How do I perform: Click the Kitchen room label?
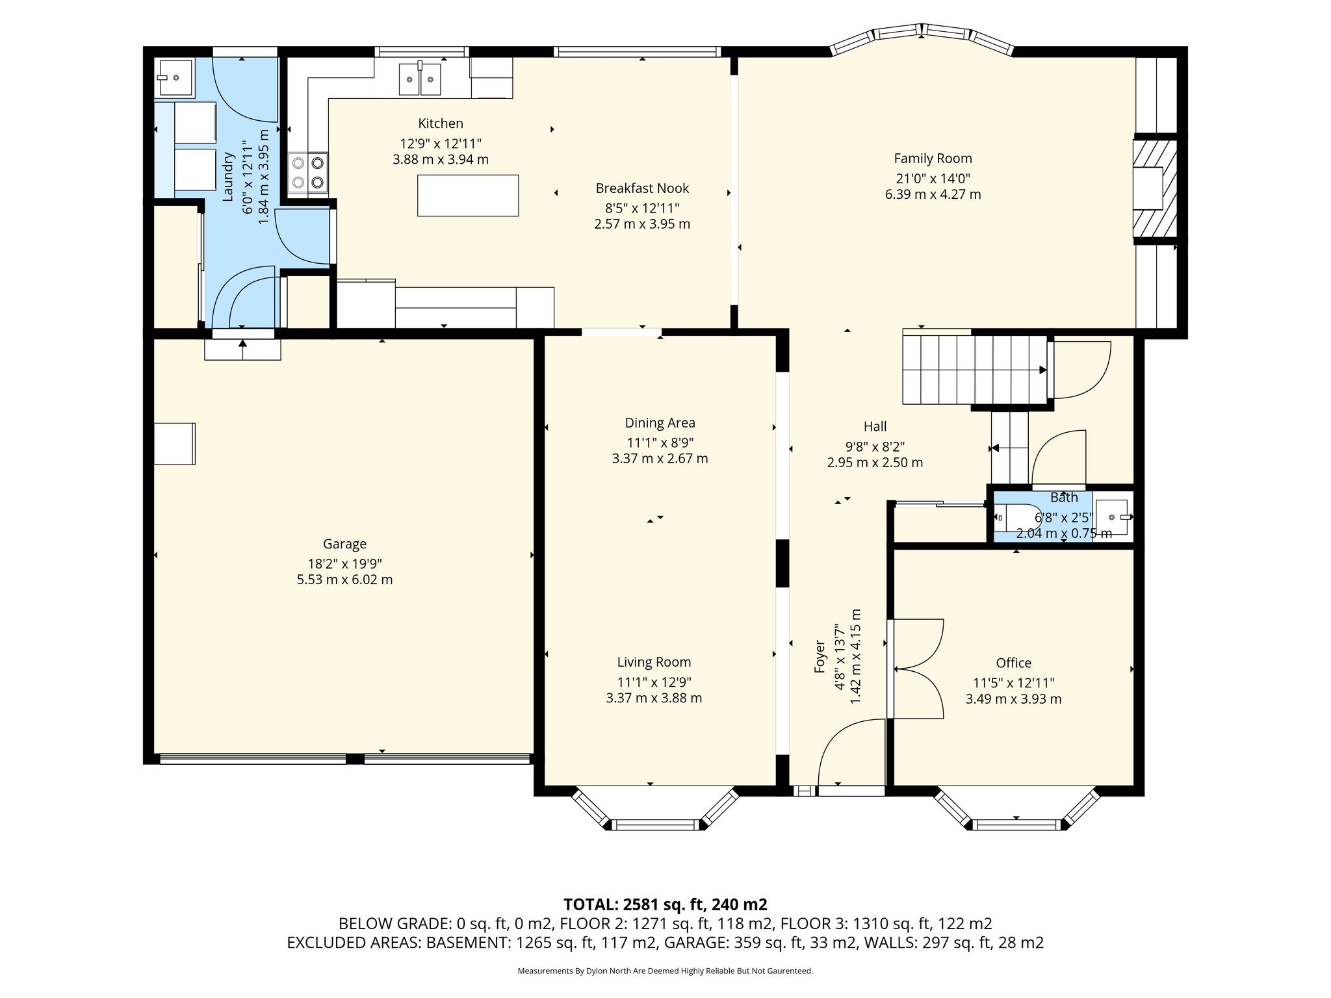pos(441,123)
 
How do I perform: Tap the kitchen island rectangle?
pos(468,195)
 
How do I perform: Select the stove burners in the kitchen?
pos(309,172)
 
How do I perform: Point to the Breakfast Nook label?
pos(642,188)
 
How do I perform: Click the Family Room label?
pos(933,159)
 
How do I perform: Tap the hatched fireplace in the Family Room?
pos(1156,188)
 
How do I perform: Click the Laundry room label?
pos(228,176)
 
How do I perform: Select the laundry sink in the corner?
pos(174,78)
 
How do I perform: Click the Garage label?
pos(344,544)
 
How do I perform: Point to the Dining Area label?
pos(660,423)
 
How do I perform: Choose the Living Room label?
pos(654,662)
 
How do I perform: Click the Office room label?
pos(1013,663)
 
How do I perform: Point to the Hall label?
pos(875,427)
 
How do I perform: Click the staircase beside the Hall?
pos(974,369)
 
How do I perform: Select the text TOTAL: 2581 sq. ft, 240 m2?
pos(665,904)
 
